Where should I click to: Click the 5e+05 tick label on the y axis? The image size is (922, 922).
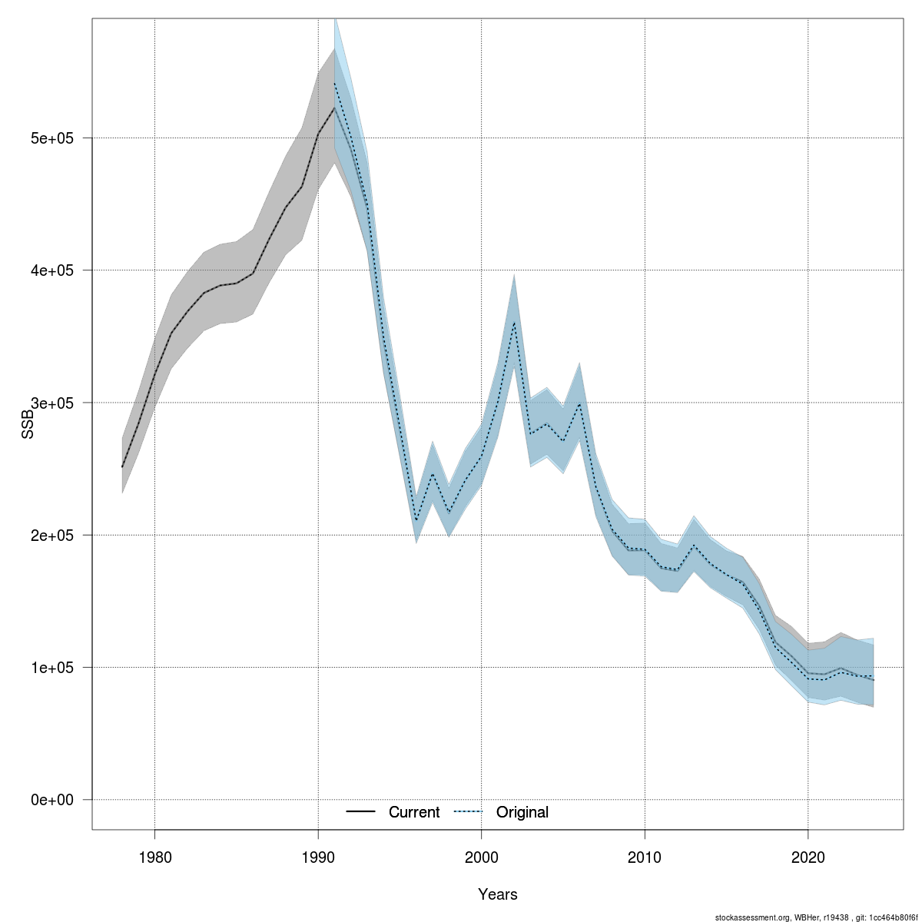(52, 138)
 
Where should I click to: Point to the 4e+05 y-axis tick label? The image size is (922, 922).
(52, 270)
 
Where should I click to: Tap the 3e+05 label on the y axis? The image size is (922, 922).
(52, 403)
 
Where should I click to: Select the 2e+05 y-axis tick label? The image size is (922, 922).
(52, 535)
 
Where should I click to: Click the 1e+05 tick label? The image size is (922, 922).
(52, 667)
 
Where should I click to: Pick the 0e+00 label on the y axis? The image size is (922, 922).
(52, 800)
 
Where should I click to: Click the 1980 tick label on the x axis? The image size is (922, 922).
(154, 857)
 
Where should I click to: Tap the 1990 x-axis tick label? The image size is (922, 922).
(318, 857)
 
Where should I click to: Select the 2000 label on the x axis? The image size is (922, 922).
(482, 857)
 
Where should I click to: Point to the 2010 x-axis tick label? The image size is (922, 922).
(645, 857)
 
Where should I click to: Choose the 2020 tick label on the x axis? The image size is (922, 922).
(808, 857)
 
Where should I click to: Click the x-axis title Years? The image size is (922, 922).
(498, 894)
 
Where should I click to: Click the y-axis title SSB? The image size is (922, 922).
(28, 424)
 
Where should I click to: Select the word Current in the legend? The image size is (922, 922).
(414, 812)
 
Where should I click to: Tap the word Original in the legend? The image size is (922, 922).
(522, 812)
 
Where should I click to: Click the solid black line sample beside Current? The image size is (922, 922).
(360, 812)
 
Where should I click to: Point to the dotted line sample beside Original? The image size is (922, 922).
(468, 812)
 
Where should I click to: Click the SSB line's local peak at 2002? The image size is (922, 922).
(514, 323)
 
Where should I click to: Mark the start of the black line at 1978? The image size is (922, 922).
(122, 467)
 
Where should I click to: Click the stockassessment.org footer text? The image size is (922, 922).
(815, 917)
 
